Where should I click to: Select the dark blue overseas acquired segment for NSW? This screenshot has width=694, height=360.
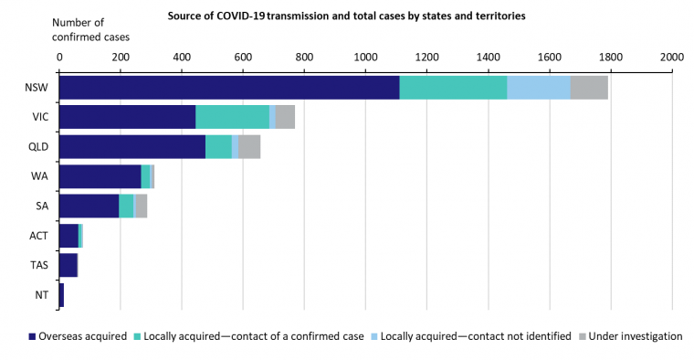[229, 88]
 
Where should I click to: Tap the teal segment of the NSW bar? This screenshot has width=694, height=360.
[453, 88]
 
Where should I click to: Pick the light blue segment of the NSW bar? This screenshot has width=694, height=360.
[539, 88]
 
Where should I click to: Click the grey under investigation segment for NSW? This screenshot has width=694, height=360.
[589, 88]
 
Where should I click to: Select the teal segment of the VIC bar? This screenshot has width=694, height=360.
[232, 117]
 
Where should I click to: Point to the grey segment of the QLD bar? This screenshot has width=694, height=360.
[249, 146]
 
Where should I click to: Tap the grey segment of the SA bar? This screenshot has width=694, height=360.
[142, 206]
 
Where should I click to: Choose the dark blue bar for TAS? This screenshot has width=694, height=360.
[68, 265]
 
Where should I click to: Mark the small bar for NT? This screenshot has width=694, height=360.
[62, 294]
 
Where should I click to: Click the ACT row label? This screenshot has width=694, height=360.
[37, 236]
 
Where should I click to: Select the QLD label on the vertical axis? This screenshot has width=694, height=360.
[37, 146]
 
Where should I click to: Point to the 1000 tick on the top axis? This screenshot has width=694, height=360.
[366, 57]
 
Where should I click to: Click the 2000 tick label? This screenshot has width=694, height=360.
[672, 57]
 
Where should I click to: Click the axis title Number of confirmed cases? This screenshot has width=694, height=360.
[90, 29]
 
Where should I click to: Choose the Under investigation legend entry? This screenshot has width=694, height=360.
[631, 336]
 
